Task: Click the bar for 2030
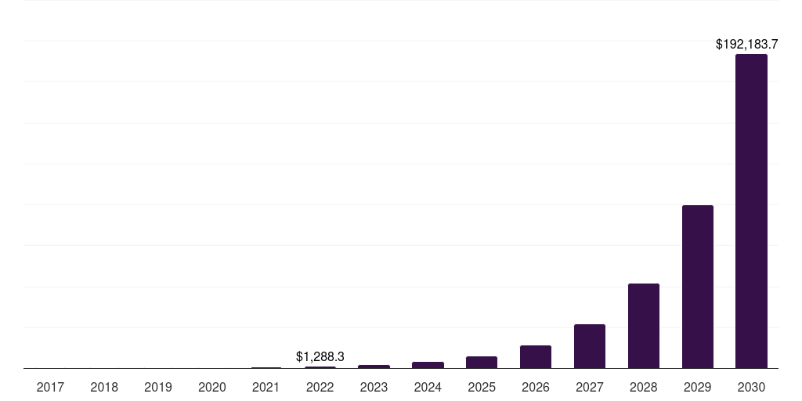(751, 211)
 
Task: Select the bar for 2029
(697, 287)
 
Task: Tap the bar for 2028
(643, 326)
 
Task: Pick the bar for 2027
(589, 346)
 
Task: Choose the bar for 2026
(536, 357)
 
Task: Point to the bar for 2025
(482, 363)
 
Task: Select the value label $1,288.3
(320, 356)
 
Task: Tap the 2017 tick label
(50, 387)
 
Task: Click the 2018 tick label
(104, 387)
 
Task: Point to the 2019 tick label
(158, 387)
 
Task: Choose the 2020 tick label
(212, 387)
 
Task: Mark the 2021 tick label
(266, 387)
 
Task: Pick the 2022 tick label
(320, 387)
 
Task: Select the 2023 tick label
(374, 387)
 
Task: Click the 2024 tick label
(428, 387)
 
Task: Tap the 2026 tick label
(536, 387)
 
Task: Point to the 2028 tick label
(643, 387)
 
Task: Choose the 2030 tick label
(751, 387)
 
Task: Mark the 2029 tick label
(697, 387)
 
